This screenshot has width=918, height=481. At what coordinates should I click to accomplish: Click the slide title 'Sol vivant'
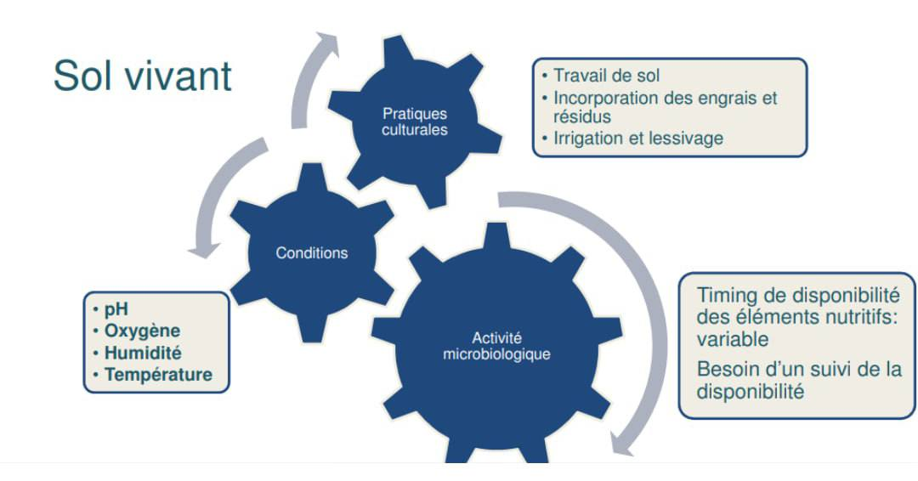142,76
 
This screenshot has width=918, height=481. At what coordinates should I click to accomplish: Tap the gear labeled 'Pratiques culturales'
415,122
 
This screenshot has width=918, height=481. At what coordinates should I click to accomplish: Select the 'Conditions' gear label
311,252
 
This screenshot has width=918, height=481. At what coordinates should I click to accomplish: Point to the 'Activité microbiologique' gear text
496,346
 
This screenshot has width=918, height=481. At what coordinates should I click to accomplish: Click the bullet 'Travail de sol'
607,76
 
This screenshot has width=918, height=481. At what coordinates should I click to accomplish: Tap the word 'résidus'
582,116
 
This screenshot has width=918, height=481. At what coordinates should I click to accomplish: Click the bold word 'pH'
116,309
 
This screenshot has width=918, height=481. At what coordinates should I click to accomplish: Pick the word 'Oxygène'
142,331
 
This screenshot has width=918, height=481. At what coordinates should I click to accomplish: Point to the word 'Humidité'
143,353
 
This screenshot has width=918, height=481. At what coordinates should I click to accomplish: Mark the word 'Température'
158,375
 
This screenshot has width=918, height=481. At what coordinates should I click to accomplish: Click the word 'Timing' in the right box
728,296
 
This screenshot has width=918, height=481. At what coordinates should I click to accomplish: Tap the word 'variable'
733,339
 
